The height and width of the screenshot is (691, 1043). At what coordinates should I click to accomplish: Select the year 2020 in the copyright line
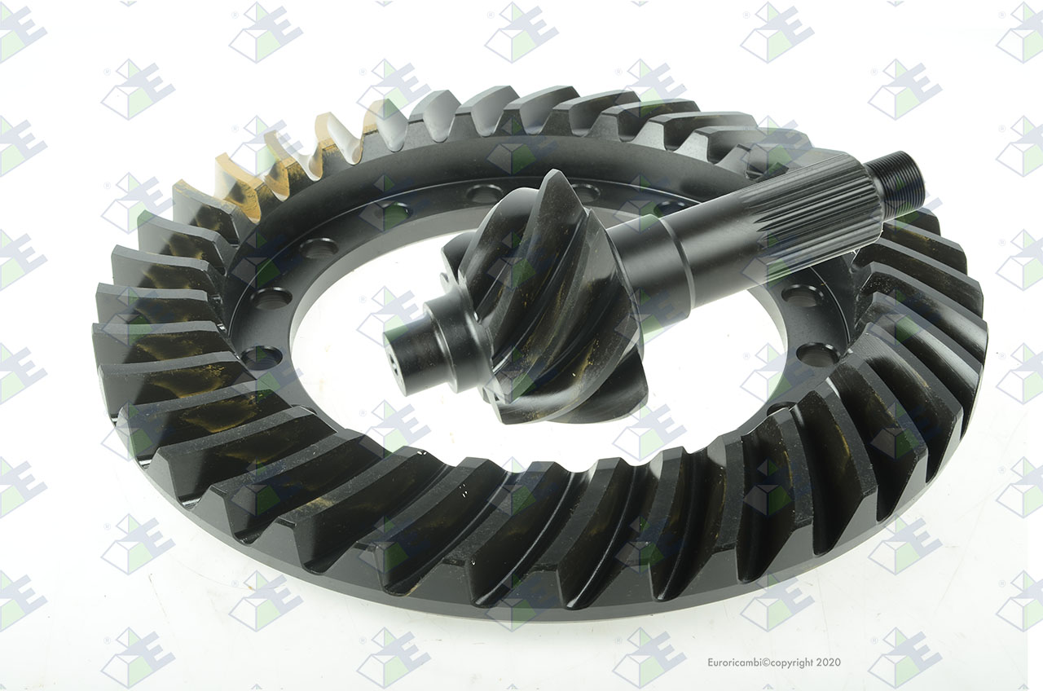point(829,662)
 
